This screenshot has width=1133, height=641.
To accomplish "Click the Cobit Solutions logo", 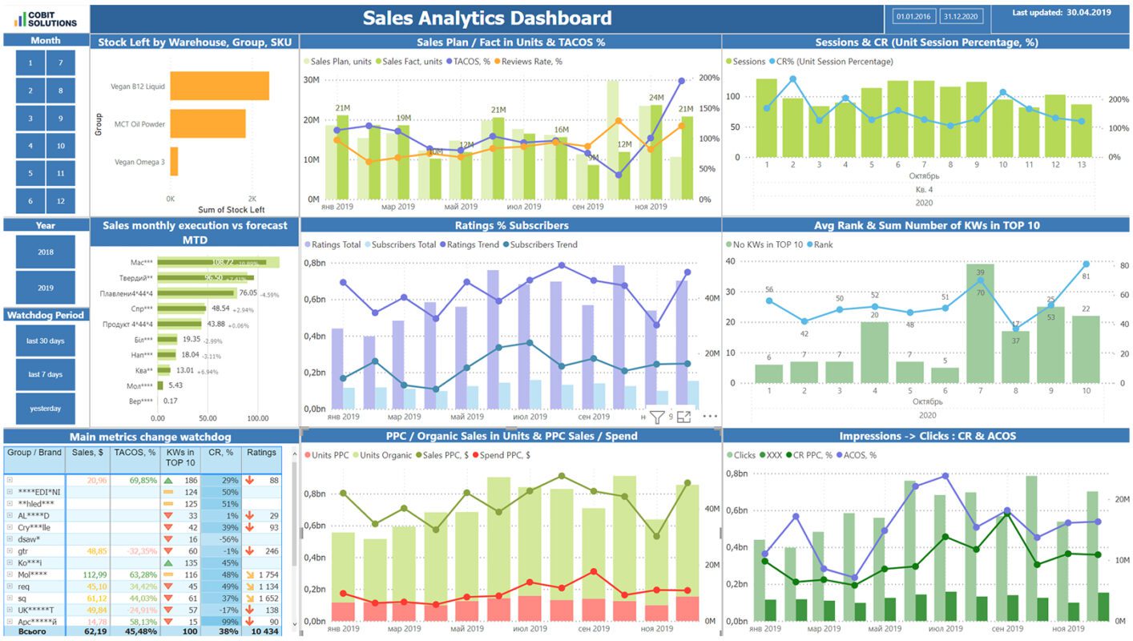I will coord(46,18).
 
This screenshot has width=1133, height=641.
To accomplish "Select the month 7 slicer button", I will coord(60,62).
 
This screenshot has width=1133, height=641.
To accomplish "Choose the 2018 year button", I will coord(46,252).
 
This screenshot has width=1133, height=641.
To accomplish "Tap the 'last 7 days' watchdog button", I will coord(46,374).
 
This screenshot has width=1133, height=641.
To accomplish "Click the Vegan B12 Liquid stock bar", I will coord(220,86).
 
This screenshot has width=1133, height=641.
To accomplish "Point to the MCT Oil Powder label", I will coord(139,124).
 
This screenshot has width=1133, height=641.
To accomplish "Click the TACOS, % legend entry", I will coord(473,61).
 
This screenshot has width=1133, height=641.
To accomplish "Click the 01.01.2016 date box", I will coord(913,16).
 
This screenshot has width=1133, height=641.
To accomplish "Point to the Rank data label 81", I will coord(1086,276).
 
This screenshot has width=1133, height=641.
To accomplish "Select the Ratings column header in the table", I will coord(261,453).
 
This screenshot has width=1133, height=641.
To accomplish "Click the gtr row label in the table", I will coord(23,551).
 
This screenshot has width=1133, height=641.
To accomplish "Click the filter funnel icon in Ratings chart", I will coord(656,417).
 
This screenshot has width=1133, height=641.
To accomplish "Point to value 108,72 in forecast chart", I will coord(222,262).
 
